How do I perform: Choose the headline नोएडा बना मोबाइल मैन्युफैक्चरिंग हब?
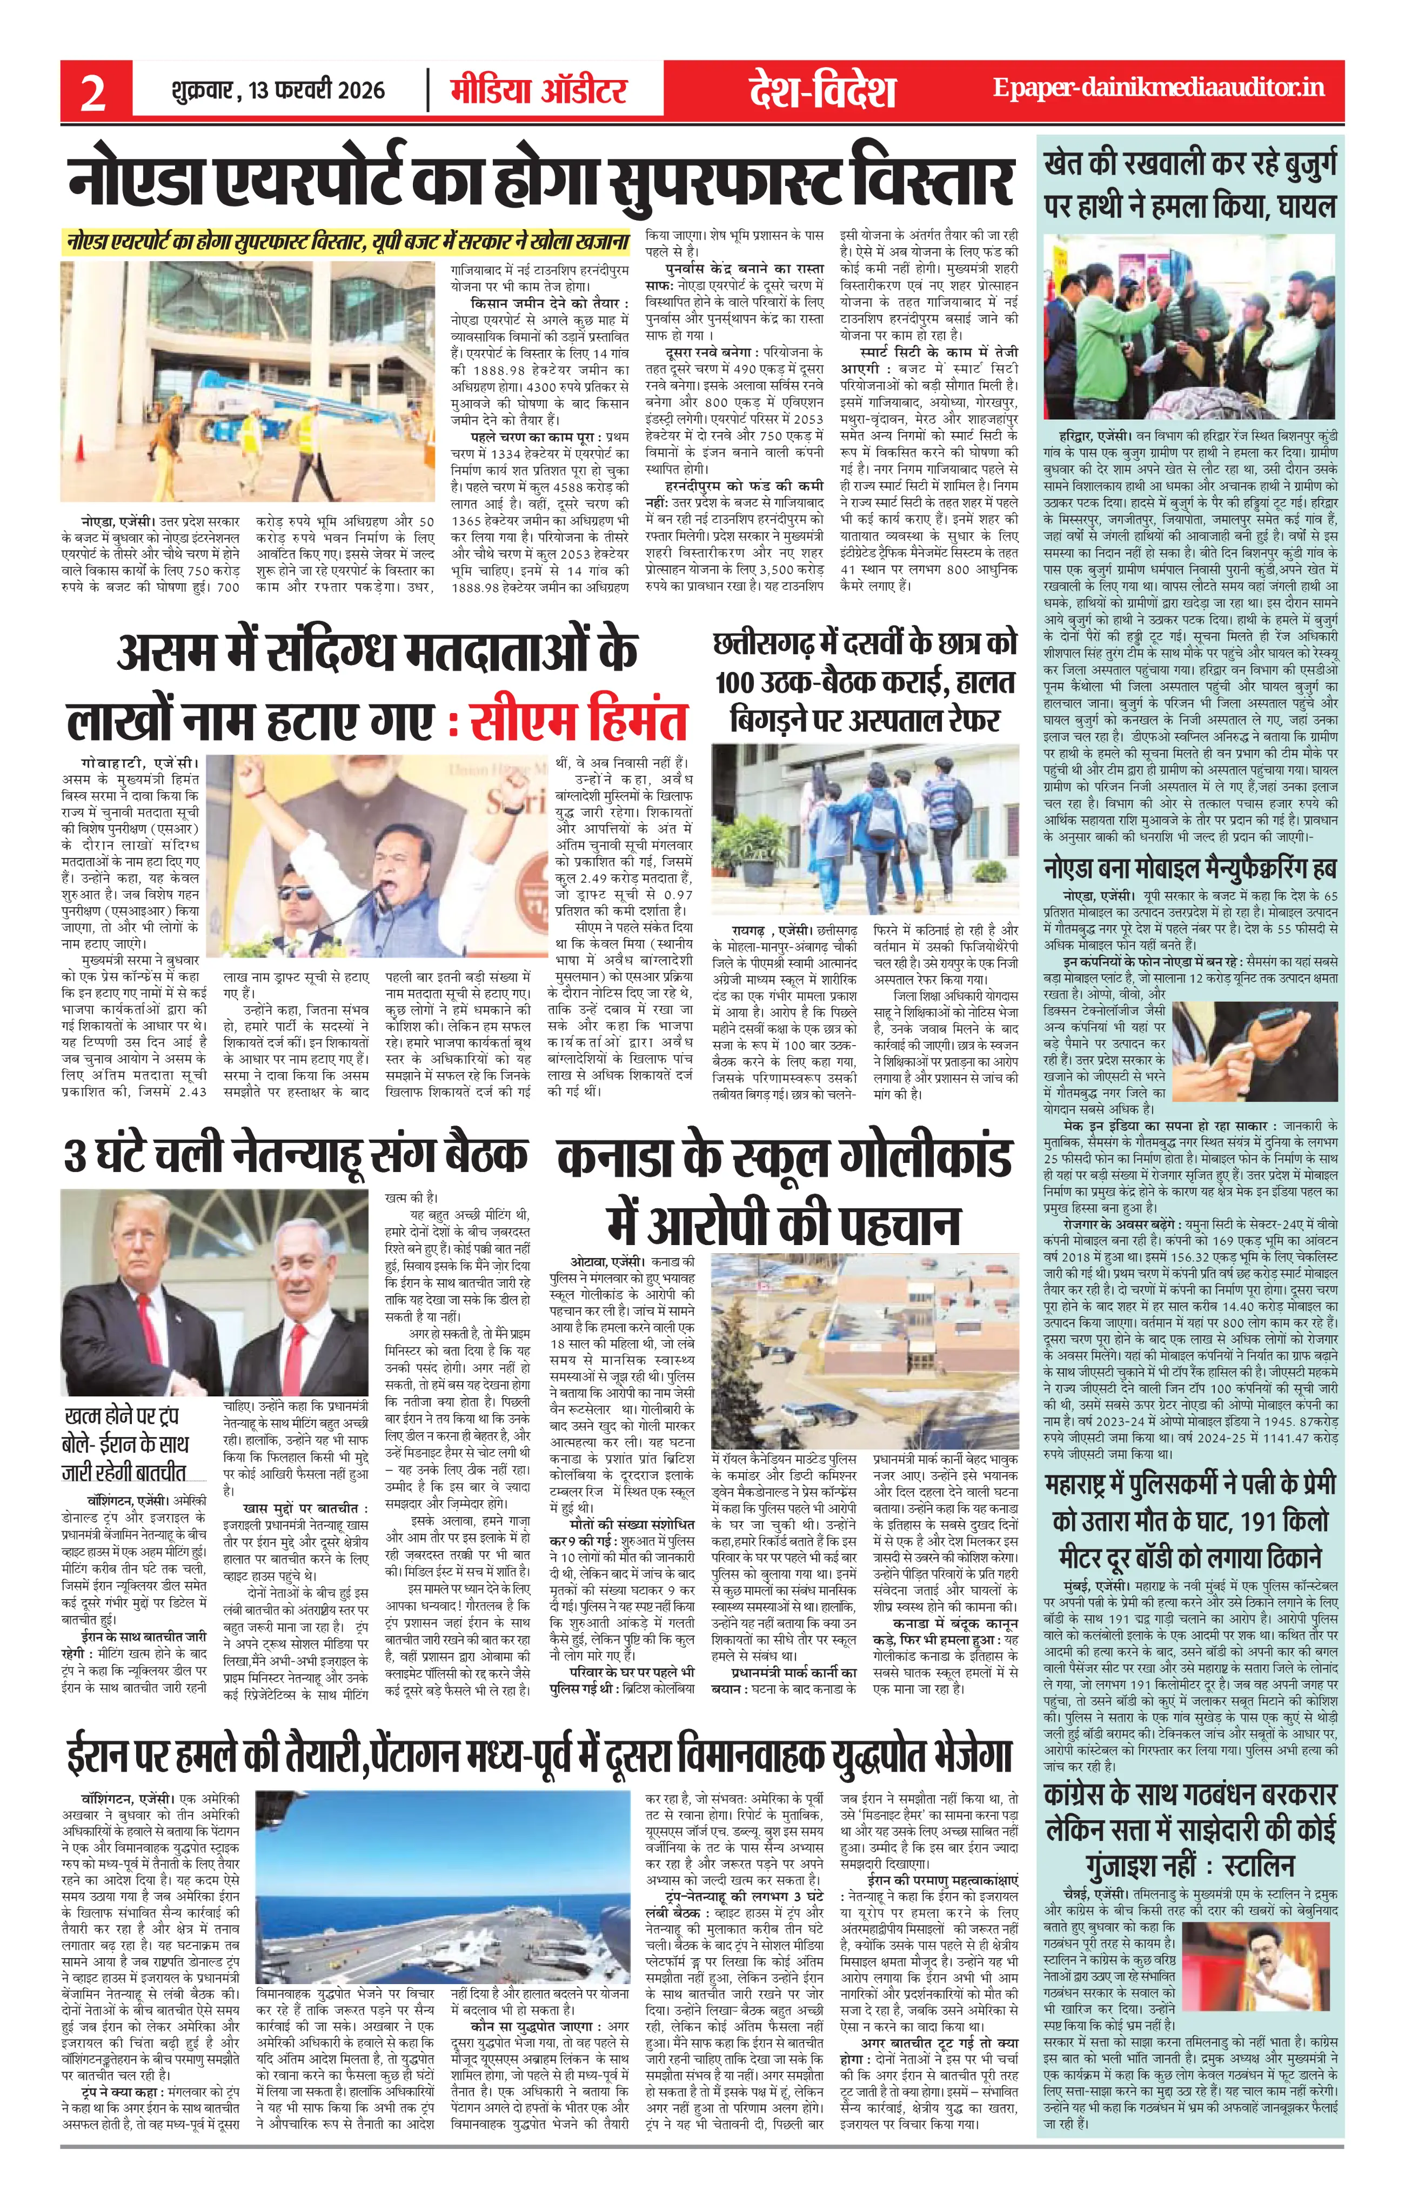coord(1190,868)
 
